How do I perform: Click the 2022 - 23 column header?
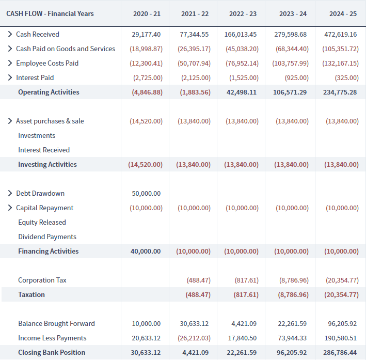tap(243, 14)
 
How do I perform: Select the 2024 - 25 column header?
tap(343, 14)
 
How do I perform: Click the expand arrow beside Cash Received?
tap(10, 34)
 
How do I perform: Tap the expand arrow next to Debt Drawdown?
tap(10, 193)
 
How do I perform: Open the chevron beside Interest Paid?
tap(10, 77)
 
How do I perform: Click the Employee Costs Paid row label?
tap(47, 64)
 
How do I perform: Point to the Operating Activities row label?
tap(49, 92)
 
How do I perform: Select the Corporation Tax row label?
tap(42, 280)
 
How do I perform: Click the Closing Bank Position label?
tap(52, 352)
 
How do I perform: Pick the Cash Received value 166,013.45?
tap(241, 34)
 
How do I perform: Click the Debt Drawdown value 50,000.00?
tap(146, 194)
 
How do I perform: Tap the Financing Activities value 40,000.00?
tap(146, 252)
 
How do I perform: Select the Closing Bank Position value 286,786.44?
tap(340, 353)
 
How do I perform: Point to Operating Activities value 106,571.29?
tap(290, 92)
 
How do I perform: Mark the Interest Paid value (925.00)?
tap(296, 78)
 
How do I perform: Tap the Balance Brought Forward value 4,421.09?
tap(244, 324)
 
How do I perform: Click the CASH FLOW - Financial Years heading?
tap(50, 13)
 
